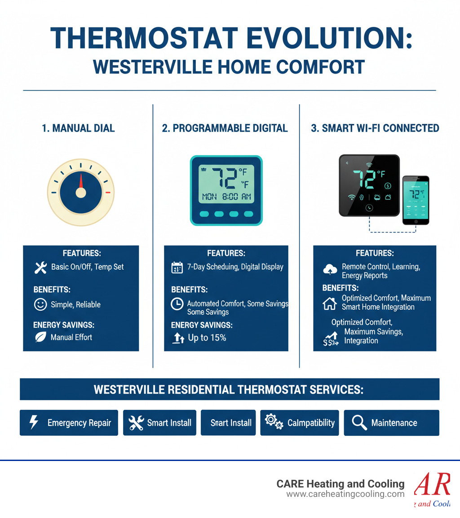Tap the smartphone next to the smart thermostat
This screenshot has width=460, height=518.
tap(416, 200)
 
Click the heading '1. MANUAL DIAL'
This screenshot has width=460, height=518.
tap(78, 128)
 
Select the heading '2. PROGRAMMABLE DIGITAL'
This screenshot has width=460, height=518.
tap(225, 128)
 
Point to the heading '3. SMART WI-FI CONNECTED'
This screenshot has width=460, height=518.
tap(375, 128)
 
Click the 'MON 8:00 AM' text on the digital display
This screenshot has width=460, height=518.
tap(226, 197)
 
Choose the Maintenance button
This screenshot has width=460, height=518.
tap(391, 423)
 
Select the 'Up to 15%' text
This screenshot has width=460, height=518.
tap(207, 338)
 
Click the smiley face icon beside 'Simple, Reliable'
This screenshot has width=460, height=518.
tap(40, 305)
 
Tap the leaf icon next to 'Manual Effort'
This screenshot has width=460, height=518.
tap(40, 337)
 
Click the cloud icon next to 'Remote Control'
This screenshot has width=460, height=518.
tap(330, 269)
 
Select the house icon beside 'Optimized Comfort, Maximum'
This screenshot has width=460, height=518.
tap(330, 303)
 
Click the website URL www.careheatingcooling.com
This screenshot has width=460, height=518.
tap(345, 494)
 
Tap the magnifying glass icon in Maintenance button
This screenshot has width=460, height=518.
tap(359, 422)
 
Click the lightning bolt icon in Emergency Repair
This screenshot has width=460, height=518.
tap(34, 422)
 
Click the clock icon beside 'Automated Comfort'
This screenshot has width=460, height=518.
tap(177, 304)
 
